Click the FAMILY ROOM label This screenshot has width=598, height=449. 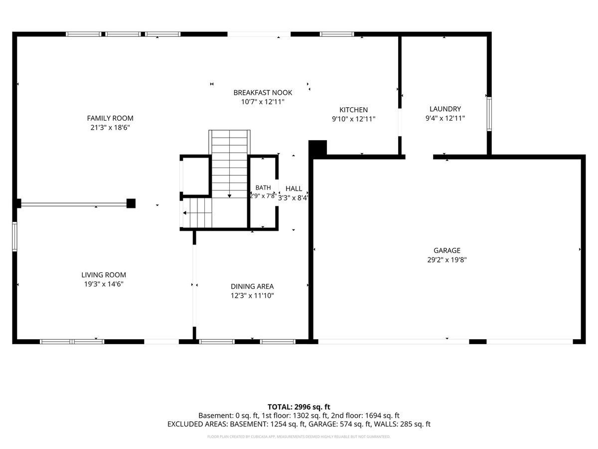110,118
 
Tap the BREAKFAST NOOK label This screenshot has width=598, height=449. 263,92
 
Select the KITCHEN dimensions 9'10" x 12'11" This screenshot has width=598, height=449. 353,119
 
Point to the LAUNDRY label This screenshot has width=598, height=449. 445,109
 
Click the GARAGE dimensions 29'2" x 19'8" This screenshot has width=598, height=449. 447,259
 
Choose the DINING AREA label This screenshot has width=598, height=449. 252,286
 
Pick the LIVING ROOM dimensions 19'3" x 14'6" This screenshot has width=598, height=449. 104,284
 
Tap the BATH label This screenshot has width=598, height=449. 263,188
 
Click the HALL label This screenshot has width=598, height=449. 294,189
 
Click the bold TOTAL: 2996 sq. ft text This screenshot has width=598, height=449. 299,407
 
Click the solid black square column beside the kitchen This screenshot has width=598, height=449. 317,148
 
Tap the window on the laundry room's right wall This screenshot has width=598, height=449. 489,114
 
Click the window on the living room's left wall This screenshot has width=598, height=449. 14,236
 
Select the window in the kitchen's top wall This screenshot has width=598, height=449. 337,34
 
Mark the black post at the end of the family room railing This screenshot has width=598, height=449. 131,204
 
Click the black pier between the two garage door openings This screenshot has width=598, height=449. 477,342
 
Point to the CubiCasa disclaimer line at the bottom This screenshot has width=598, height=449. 299,437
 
